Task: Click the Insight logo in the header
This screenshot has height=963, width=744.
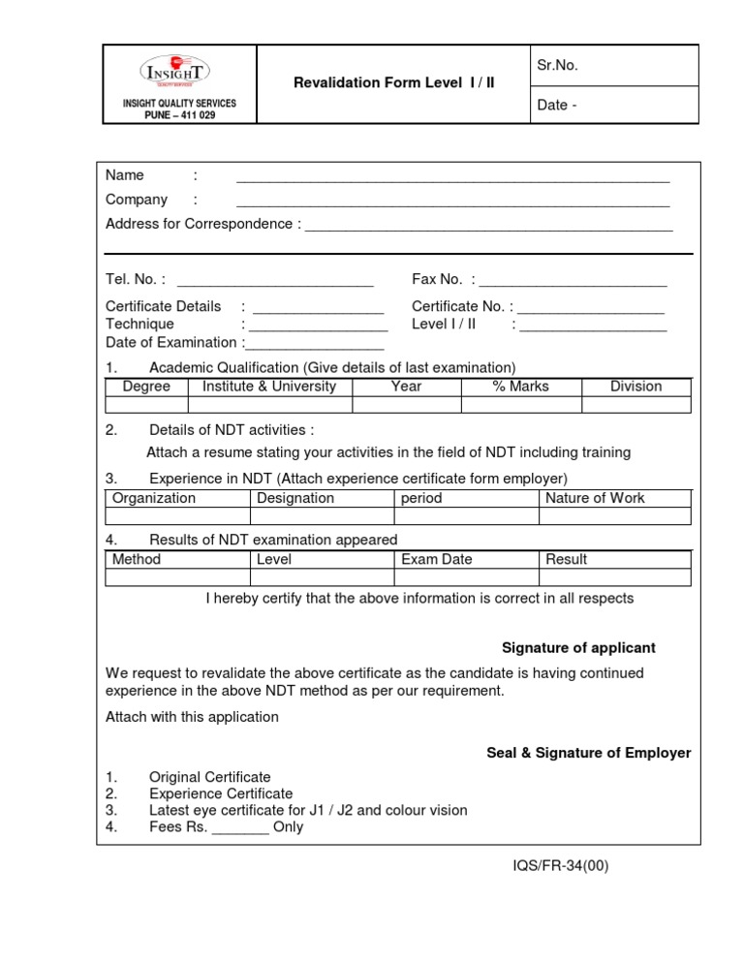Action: [x=174, y=72]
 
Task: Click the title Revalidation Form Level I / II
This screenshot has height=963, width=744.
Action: [x=393, y=82]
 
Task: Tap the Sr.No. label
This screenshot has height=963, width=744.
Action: [x=557, y=65]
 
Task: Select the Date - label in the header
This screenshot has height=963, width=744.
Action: [x=557, y=105]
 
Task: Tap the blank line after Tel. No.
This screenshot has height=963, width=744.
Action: [x=275, y=283]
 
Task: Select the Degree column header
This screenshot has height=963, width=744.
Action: [x=146, y=387]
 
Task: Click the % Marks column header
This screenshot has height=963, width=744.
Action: [x=520, y=387]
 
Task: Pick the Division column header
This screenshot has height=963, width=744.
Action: [x=635, y=387]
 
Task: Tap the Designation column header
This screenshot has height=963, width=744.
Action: [x=295, y=498]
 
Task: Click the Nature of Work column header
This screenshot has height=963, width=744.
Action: [x=595, y=498]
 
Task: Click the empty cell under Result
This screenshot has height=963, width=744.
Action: [x=615, y=577]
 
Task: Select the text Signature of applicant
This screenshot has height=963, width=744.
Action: [x=578, y=647]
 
